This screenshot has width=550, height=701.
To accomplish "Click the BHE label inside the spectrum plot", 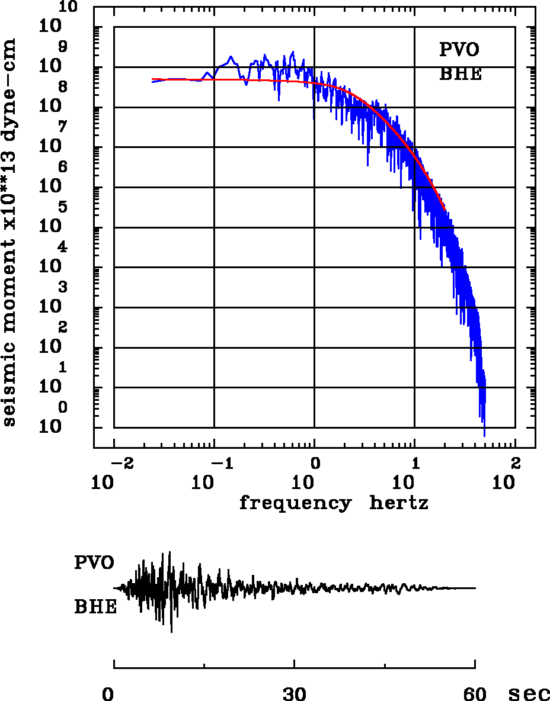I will [460, 75].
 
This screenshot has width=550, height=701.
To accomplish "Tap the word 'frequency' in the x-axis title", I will [295, 503].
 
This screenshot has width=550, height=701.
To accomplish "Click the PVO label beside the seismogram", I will [94, 562].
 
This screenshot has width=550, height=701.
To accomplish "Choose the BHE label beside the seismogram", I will [95, 607].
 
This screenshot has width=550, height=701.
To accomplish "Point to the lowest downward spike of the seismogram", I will [171, 632].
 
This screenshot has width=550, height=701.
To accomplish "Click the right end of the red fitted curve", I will [445, 210].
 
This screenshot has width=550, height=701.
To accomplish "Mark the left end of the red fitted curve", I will [152, 79].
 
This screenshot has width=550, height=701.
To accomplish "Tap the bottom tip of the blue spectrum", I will [484, 436].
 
